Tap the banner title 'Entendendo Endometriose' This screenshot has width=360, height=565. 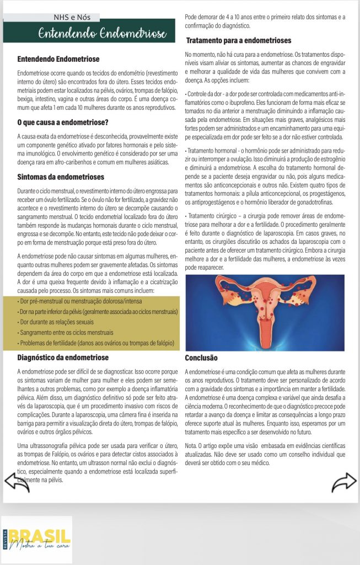(102, 34)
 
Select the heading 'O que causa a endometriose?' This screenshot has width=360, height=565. (63, 121)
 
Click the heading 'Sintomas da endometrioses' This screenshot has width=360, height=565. (61, 177)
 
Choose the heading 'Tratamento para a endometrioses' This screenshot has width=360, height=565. (239, 41)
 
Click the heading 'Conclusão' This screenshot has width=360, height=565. (201, 358)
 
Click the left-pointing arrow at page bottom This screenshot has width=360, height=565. (17, 482)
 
